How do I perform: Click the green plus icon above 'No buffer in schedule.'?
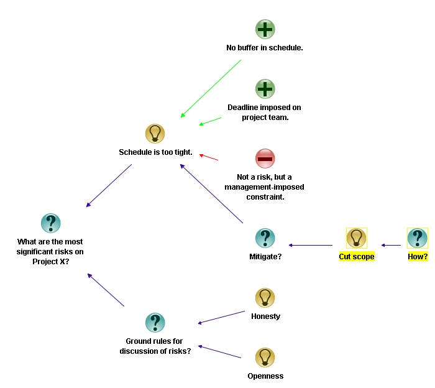click(265, 29)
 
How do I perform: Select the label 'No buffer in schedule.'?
click(265, 47)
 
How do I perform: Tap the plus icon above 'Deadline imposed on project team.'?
click(265, 89)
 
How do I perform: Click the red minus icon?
click(265, 159)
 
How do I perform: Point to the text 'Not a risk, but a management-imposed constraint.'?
click(265, 187)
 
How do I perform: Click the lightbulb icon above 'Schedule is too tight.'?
click(155, 134)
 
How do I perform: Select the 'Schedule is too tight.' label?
click(155, 152)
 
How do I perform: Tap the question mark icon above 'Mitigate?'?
click(265, 238)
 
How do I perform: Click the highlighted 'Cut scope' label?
click(357, 256)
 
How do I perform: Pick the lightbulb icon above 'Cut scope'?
click(356, 238)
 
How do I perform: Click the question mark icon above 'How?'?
click(417, 238)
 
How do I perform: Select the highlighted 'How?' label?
click(418, 256)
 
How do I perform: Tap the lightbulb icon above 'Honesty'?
click(265, 298)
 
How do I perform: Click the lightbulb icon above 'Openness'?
click(265, 358)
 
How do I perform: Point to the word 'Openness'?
click(265, 376)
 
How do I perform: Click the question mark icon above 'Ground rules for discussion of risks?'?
click(155, 323)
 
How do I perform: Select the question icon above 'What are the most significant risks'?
click(50, 223)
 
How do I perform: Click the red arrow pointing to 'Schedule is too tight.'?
click(209, 157)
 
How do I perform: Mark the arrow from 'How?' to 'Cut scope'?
click(391, 246)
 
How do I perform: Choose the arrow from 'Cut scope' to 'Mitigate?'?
click(311, 246)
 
